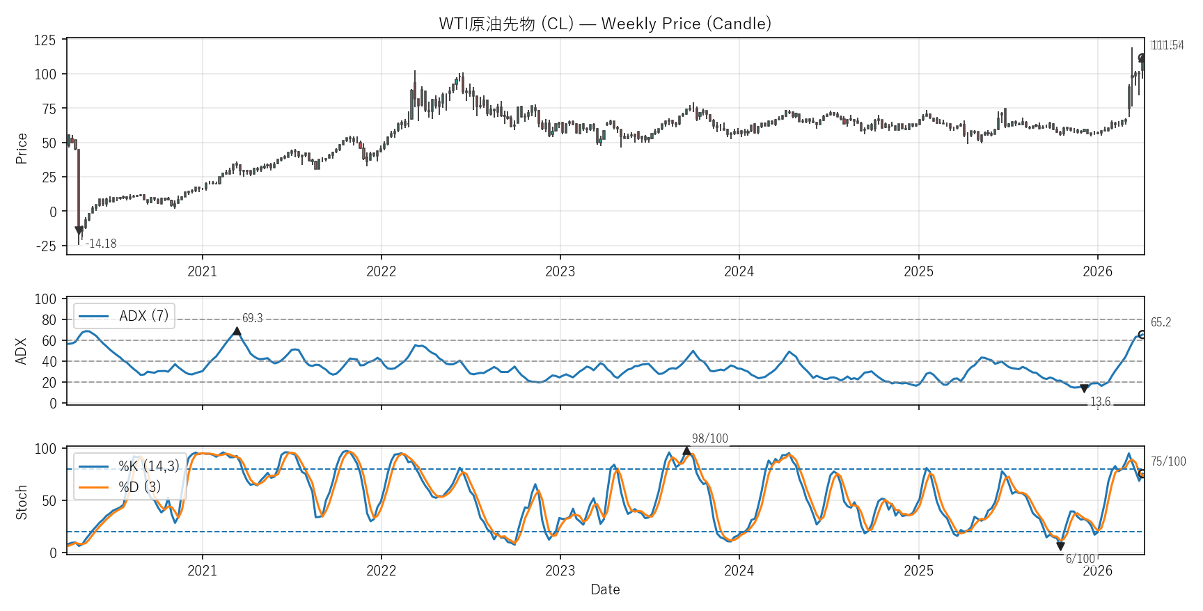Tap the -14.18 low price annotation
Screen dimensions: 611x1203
[x=101, y=244]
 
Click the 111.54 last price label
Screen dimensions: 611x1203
[x=1167, y=45]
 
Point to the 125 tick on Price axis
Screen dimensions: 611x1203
[x=45, y=40]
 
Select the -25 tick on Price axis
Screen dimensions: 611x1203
[x=45, y=246]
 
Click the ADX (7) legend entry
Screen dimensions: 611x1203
[x=143, y=316]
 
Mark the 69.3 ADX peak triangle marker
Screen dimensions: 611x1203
[x=237, y=331]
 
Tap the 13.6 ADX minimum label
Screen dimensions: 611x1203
[x=1100, y=402]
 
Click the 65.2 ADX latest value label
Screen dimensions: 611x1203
[x=1161, y=322]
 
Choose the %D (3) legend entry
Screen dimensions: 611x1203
[x=139, y=486]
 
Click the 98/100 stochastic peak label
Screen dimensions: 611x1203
[x=709, y=438]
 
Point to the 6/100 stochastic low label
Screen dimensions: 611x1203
[x=1080, y=559]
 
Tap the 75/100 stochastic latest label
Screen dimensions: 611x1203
[x=1167, y=461]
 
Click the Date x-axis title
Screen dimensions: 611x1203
[x=604, y=589]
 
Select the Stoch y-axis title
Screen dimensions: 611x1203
[x=22, y=502]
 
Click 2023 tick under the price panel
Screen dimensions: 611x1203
[x=560, y=271]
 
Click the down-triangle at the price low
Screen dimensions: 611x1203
[x=79, y=230]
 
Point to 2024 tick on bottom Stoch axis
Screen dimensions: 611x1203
[x=739, y=571]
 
